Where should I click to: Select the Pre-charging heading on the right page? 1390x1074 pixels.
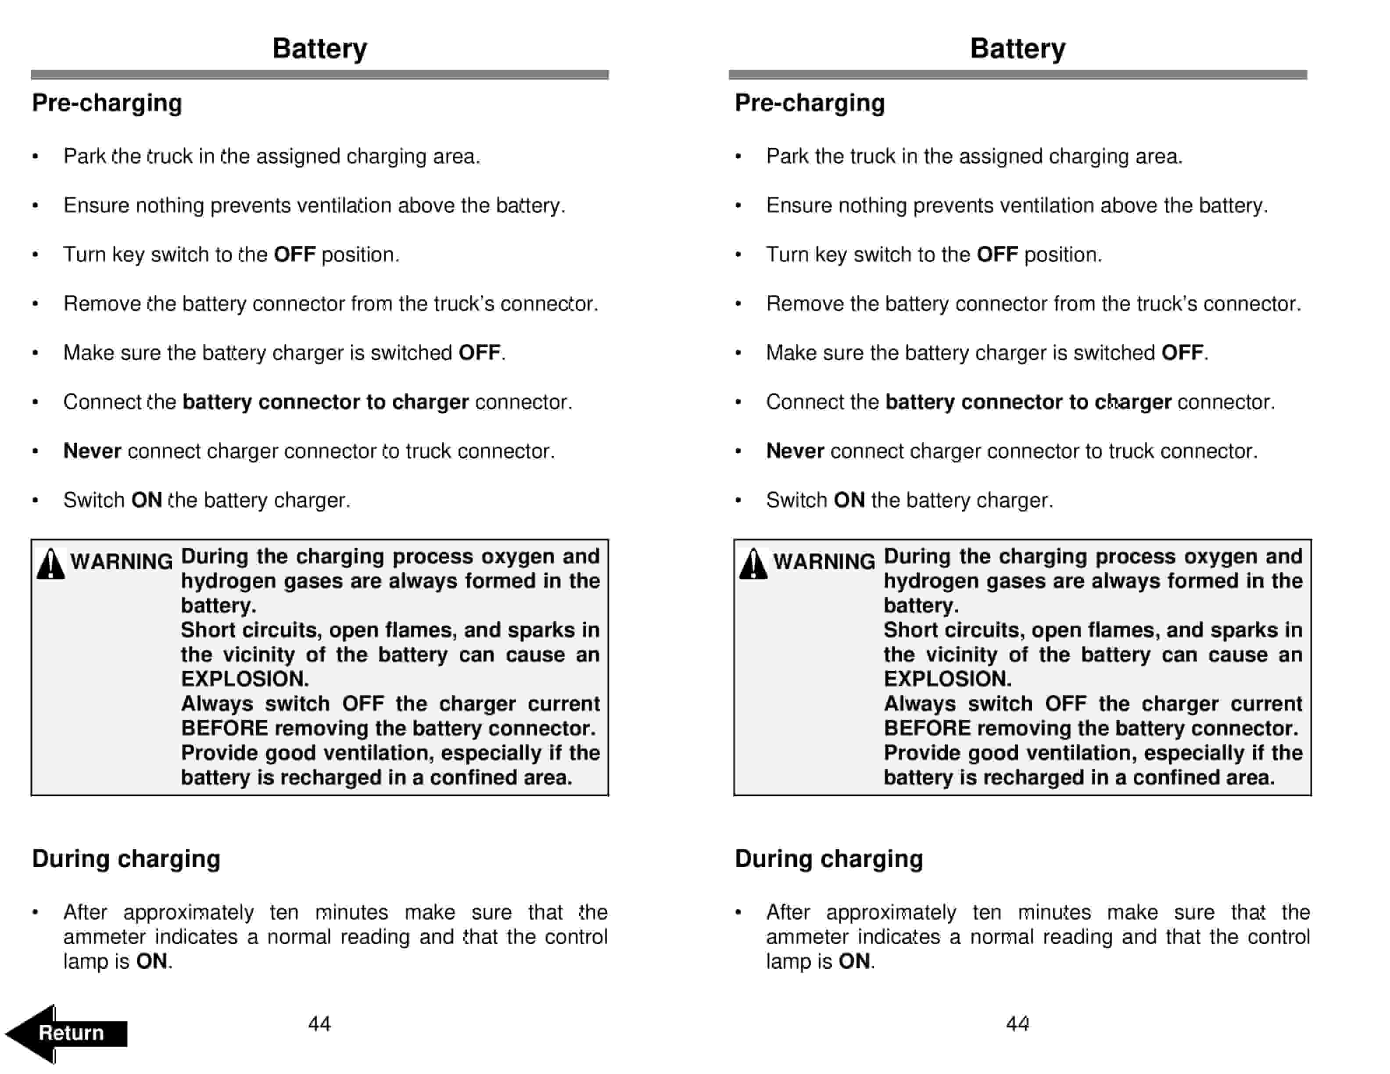pos(810,103)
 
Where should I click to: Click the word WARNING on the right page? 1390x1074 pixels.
pos(824,561)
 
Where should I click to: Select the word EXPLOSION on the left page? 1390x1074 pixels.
pos(244,679)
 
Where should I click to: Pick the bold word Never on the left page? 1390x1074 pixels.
pos(92,451)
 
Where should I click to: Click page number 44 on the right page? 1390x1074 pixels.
pos(1017,1023)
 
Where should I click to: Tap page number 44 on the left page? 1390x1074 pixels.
pos(319,1023)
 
